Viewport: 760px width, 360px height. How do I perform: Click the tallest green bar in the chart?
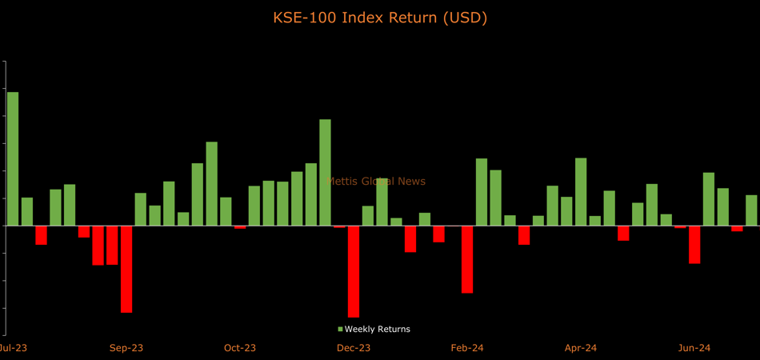point(13,158)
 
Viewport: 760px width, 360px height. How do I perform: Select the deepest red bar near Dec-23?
point(354,271)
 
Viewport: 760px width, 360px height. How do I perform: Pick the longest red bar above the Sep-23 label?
point(126,269)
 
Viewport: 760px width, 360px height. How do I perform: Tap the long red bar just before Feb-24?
point(467,259)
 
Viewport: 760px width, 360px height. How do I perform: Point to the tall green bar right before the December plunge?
point(325,172)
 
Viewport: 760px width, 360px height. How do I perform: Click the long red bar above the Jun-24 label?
point(694,244)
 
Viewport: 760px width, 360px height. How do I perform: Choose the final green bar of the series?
point(751,210)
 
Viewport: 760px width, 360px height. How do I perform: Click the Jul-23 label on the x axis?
point(11,348)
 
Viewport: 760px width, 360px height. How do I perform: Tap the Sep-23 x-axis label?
point(126,348)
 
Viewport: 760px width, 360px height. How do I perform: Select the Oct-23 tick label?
point(240,348)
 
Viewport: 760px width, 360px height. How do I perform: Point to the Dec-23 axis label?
point(354,348)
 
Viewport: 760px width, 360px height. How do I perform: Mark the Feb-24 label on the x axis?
point(467,348)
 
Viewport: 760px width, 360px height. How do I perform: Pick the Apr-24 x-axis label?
point(581,348)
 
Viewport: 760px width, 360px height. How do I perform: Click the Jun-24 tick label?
point(694,348)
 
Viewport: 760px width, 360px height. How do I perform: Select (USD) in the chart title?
point(466,18)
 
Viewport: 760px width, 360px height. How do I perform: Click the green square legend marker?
point(340,330)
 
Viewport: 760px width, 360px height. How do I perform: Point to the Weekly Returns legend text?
point(377,330)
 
